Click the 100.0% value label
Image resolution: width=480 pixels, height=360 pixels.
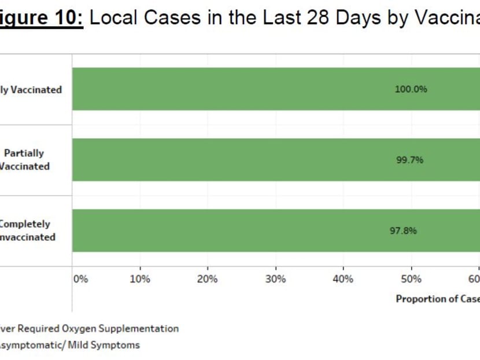tap(411, 90)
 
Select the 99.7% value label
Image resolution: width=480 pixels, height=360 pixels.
tap(409, 160)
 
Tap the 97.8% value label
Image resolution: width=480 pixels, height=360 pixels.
tap(403, 231)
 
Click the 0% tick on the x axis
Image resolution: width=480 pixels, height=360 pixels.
tap(81, 279)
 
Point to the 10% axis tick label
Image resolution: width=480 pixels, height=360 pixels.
tap(140, 279)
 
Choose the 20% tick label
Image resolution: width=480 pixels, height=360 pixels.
tap(208, 279)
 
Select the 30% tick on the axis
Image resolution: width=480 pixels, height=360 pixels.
tap(275, 279)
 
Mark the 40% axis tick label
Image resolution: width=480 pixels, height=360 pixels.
tap(343, 279)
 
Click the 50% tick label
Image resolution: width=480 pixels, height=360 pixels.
tap(411, 279)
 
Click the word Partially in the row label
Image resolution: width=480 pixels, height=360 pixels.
tap(24, 153)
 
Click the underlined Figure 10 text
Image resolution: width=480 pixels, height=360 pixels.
tap(42, 17)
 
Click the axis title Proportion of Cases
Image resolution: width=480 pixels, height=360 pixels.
tap(437, 299)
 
